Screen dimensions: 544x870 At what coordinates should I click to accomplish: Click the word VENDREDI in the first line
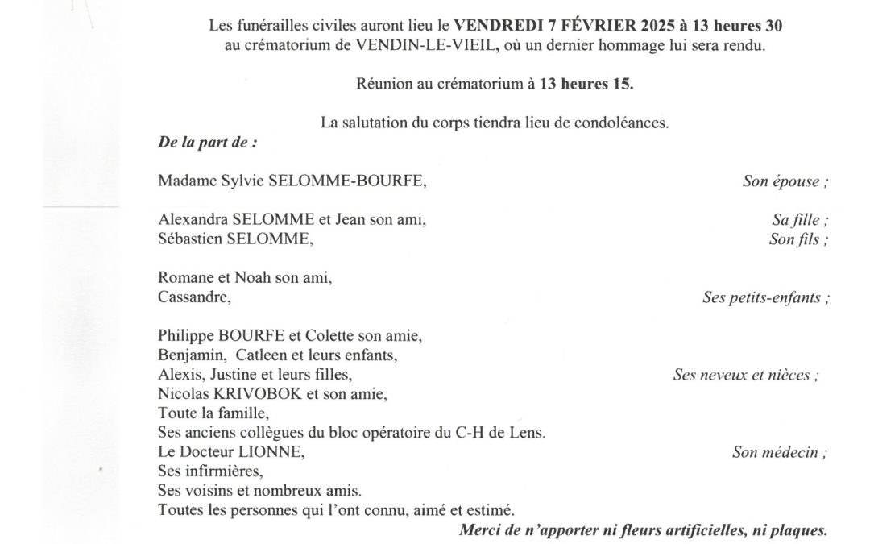[491, 26]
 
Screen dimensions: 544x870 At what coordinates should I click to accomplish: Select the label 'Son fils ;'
[798, 239]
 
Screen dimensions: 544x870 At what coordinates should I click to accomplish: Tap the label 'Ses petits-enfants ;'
[766, 297]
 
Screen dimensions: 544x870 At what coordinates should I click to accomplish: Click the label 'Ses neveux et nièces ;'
[746, 375]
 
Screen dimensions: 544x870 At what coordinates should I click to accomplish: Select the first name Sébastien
[184, 239]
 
